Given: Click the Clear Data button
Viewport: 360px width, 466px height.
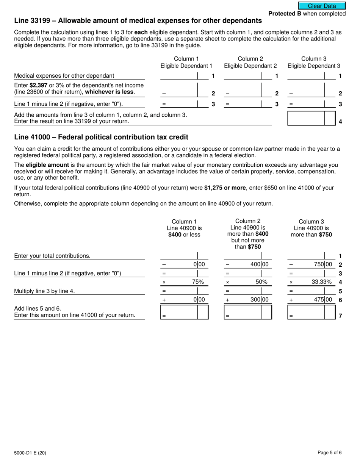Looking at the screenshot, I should tap(322, 6).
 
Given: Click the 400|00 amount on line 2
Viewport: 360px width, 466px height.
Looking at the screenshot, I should tap(259, 264).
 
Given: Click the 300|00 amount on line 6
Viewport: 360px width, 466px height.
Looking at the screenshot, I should tap(259, 300).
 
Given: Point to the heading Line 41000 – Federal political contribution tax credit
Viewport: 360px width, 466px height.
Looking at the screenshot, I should tap(101, 137).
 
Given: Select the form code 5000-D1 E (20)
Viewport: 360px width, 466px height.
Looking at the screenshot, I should tap(30, 453).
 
